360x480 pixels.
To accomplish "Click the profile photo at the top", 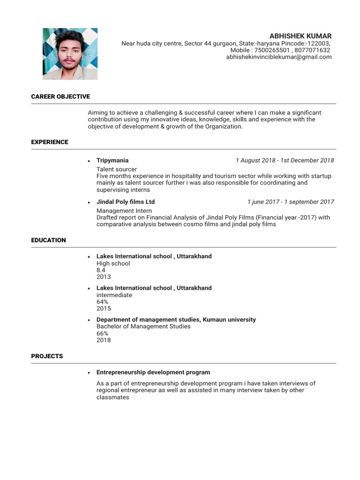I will [70, 54].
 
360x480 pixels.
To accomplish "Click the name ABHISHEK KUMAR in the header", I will [300, 36].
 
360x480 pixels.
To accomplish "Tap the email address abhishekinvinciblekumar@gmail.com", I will [278, 57].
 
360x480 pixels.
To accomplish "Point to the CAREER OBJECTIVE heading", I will [60, 97].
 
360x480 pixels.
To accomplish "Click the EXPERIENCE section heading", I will [50, 142].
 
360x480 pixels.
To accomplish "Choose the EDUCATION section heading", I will [48, 240].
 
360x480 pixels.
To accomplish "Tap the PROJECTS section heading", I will [47, 356].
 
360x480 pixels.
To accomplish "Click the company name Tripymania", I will [112, 160].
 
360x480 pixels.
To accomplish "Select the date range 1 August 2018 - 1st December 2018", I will [285, 160].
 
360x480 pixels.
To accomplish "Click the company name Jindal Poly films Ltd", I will [126, 202].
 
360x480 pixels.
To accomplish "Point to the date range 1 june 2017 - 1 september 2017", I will [291, 202].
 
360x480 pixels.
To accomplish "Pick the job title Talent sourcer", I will [117, 169].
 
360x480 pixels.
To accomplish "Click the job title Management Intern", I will [124, 211].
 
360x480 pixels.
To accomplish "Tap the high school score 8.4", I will [101, 270].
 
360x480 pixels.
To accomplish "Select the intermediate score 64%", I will [102, 302].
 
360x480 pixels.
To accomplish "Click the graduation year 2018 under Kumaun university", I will [104, 340].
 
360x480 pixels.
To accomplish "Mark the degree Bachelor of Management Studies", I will [143, 326].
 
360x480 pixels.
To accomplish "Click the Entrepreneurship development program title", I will [153, 372].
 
